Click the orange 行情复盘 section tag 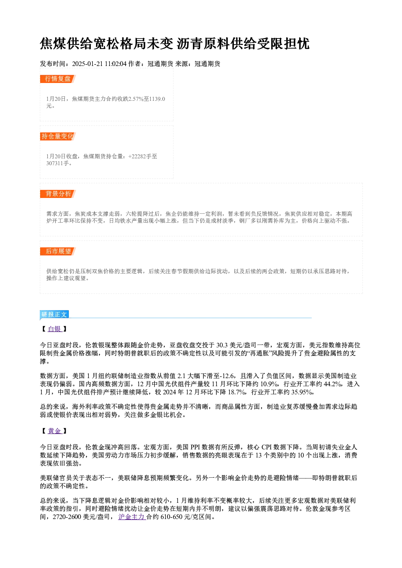(58, 79)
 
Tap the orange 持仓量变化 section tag (58, 136)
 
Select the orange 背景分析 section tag (58, 194)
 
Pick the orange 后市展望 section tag (58, 251)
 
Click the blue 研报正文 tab (54, 315)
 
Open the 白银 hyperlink (55, 329)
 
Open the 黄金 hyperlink (55, 431)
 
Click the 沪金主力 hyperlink (132, 517)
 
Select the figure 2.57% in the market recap (136, 99)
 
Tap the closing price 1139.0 (157, 99)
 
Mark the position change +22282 (137, 156)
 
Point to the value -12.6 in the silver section (227, 376)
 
